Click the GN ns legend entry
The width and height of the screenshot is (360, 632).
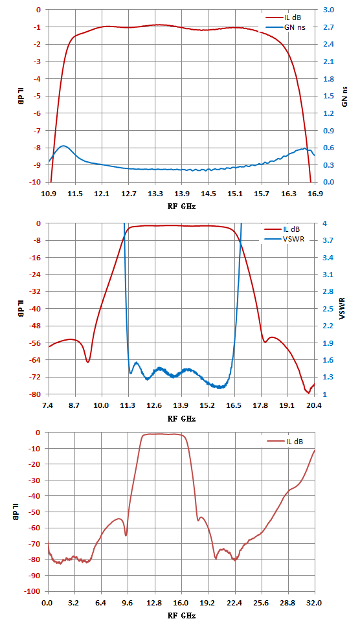[284, 27]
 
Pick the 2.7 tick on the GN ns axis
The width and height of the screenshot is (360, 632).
[328, 27]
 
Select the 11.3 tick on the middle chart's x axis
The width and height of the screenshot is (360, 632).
[128, 405]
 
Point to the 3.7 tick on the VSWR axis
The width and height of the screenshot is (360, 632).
[328, 240]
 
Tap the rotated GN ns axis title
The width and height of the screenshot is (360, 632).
[345, 96]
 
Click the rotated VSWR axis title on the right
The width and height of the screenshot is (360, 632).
[343, 309]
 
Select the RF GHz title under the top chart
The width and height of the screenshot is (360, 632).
[181, 206]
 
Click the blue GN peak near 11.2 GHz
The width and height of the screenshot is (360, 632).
[63, 146]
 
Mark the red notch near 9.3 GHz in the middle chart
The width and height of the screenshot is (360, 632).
[88, 362]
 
